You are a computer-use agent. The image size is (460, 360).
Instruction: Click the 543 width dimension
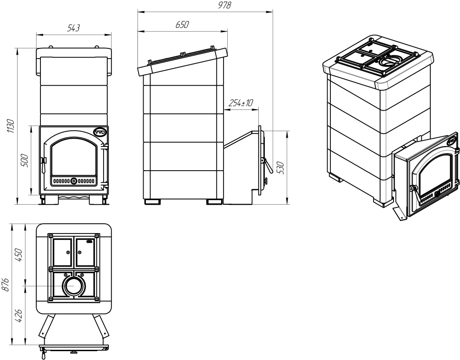[73, 28]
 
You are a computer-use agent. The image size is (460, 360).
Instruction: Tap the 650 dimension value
[182, 25]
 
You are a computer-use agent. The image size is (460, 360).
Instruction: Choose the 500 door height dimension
[26, 160]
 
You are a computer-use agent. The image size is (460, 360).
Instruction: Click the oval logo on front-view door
[100, 132]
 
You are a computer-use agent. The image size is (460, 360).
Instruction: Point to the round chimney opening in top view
[73, 285]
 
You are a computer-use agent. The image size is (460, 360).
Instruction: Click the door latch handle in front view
[44, 161]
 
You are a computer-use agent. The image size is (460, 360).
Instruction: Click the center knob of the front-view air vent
[74, 180]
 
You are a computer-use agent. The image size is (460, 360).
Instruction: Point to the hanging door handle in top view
[43, 354]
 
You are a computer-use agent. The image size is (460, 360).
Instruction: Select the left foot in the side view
[152, 202]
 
